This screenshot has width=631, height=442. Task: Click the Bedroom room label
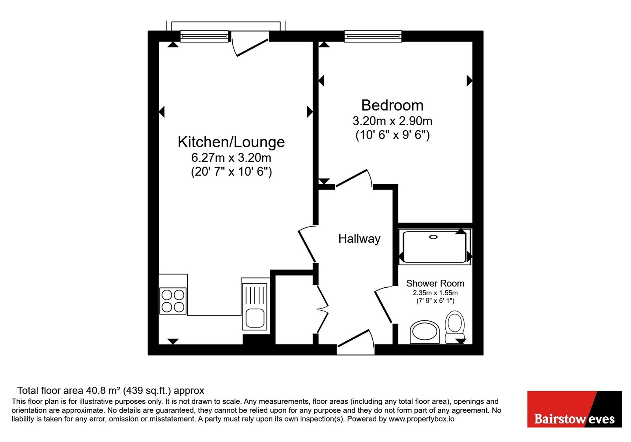pyautogui.click(x=392, y=105)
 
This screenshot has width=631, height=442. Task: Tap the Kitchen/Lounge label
pyautogui.click(x=231, y=142)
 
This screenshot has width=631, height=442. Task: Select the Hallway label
pyautogui.click(x=359, y=239)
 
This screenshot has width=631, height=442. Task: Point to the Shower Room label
pyautogui.click(x=435, y=283)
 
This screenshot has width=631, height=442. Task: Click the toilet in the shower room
pyautogui.click(x=455, y=327)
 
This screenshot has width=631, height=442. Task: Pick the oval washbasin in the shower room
pyautogui.click(x=424, y=332)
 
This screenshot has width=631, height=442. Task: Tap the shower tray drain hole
pyautogui.click(x=433, y=237)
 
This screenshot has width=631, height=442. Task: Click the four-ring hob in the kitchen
pyautogui.click(x=173, y=301)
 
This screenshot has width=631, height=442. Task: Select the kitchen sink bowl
pyautogui.click(x=255, y=318)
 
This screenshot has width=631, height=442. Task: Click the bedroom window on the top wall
pyautogui.click(x=373, y=36)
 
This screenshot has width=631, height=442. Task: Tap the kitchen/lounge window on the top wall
pyautogui.click(x=204, y=36)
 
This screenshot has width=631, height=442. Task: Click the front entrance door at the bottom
pyautogui.click(x=356, y=339)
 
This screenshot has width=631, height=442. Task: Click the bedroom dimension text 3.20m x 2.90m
pyautogui.click(x=392, y=121)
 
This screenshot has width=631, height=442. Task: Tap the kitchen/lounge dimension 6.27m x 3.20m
pyautogui.click(x=231, y=157)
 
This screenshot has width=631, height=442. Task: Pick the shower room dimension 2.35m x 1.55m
pyautogui.click(x=435, y=293)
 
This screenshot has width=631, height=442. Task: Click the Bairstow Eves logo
pyautogui.click(x=574, y=409)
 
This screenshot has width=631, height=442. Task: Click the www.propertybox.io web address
pyautogui.click(x=422, y=419)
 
